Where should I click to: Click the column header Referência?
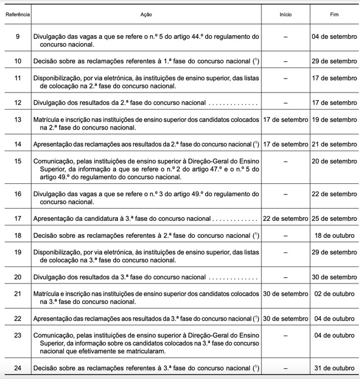point(16,13)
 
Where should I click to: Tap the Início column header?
point(286,13)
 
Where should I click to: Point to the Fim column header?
point(335,13)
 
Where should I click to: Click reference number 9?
point(16,36)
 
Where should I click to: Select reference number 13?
point(16,119)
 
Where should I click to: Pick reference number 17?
point(16,218)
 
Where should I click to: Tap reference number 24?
point(16,367)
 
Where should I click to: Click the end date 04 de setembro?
point(335,36)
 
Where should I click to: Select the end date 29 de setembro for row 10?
point(335,60)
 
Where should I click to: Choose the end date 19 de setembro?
point(335,119)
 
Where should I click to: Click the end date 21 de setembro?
point(335,144)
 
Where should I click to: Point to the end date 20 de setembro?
point(335,161)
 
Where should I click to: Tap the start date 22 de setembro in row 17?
point(286,218)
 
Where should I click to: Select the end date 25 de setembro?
point(335,218)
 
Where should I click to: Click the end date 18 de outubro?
point(335,235)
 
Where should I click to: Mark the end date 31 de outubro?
point(335,367)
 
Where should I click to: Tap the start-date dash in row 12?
point(286,103)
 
